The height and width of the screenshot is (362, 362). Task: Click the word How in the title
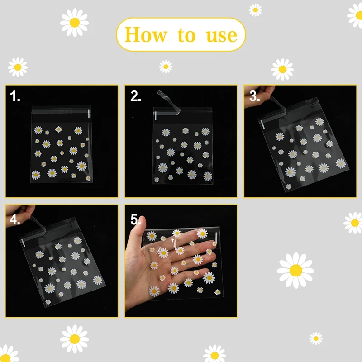point(145,35)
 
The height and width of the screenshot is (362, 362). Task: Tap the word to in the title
point(186,35)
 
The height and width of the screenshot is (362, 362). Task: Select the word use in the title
point(222,36)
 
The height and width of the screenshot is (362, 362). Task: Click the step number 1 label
point(15,96)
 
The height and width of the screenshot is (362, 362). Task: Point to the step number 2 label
point(135,96)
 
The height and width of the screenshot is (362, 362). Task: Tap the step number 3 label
point(255,96)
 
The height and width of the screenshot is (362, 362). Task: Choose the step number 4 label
point(15,219)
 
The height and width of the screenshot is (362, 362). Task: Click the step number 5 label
point(135,219)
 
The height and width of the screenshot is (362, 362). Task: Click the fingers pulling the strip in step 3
point(259,95)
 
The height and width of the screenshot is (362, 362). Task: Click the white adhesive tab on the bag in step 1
point(89,114)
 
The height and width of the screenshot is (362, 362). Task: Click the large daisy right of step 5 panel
point(295,270)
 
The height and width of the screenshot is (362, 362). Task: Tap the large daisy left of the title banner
point(74,23)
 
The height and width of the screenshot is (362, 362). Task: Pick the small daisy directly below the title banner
point(166,67)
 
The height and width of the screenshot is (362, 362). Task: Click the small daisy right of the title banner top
point(255,10)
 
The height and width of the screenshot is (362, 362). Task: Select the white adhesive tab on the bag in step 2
point(156,116)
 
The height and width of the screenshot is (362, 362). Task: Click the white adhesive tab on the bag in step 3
point(263,124)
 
